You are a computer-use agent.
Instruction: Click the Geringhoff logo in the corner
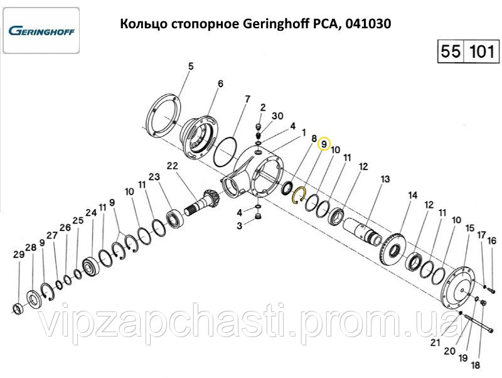tap(41, 31)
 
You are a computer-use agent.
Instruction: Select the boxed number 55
tap(451, 51)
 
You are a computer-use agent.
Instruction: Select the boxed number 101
tap(481, 51)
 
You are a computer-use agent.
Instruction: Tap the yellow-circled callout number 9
tap(324, 144)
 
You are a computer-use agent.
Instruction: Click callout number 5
tap(191, 67)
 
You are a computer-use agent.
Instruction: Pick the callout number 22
tap(172, 166)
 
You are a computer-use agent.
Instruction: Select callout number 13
tap(385, 179)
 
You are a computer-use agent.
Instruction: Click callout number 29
tap(19, 255)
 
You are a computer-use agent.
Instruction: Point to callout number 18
tap(476, 365)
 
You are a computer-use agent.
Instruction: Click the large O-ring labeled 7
tap(225, 152)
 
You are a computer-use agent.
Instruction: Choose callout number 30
tap(277, 116)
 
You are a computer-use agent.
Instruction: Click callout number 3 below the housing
tap(240, 226)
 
